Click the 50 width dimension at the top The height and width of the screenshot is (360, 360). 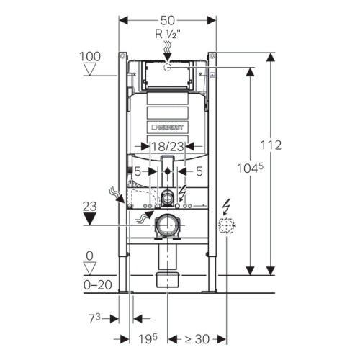point(168,21)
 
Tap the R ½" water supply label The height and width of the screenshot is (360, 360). point(168,34)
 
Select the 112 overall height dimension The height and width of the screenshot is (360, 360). point(271,145)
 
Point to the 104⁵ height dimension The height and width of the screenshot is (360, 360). point(250,168)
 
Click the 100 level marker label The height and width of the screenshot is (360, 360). point(90,57)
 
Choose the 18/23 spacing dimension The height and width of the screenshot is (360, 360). point(168,146)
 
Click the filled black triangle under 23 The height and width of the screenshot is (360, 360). point(89,219)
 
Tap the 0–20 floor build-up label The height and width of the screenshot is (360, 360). point(98,285)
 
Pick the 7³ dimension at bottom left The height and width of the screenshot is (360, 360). point(94,319)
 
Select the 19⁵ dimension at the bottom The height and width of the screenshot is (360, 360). point(148,339)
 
